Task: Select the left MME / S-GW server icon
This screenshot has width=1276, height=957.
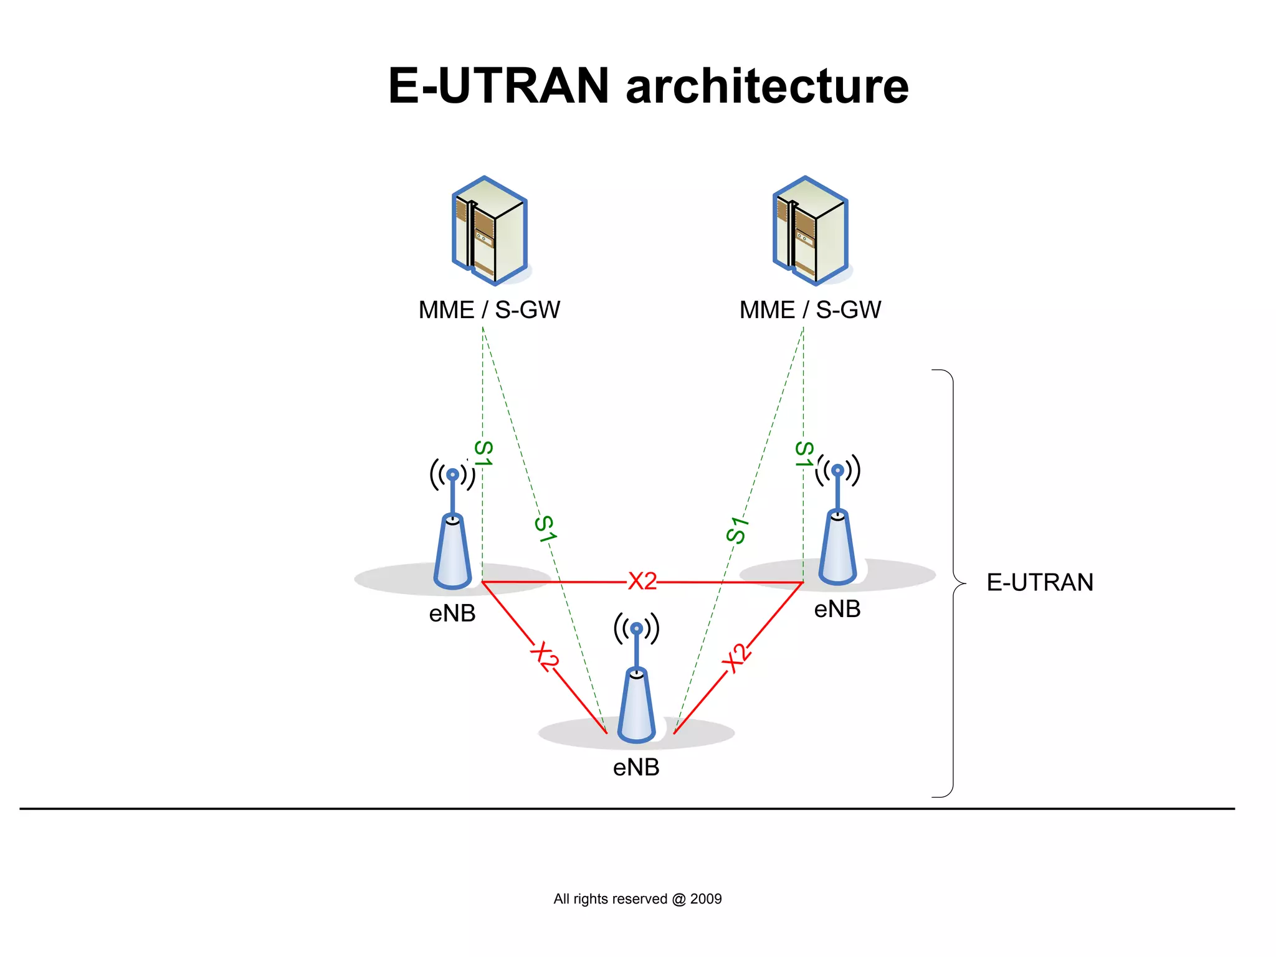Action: (x=490, y=231)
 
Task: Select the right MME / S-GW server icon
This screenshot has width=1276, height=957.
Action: (x=811, y=231)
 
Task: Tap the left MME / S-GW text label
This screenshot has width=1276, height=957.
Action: (x=489, y=310)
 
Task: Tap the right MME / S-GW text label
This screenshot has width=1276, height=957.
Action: (x=810, y=310)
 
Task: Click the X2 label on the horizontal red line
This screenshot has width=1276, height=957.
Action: (x=642, y=581)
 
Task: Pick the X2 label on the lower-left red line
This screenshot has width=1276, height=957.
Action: (x=544, y=656)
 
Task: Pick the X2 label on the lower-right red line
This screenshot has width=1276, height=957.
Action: (x=737, y=658)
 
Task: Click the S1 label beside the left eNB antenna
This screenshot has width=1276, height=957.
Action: (x=483, y=453)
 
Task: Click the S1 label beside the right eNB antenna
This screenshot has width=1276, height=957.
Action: (x=804, y=454)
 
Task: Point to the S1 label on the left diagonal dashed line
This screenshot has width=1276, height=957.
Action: (x=545, y=529)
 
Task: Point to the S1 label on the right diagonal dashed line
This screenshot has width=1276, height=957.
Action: (x=737, y=530)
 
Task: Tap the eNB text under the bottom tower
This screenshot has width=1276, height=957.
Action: (x=636, y=768)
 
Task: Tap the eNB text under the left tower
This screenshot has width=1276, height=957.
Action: (x=452, y=614)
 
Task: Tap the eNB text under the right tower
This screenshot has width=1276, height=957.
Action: (x=837, y=610)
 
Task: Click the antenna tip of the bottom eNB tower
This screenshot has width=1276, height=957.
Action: (x=636, y=629)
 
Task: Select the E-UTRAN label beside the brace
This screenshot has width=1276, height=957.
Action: (x=1040, y=583)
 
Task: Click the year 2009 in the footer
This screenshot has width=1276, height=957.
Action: (x=706, y=899)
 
